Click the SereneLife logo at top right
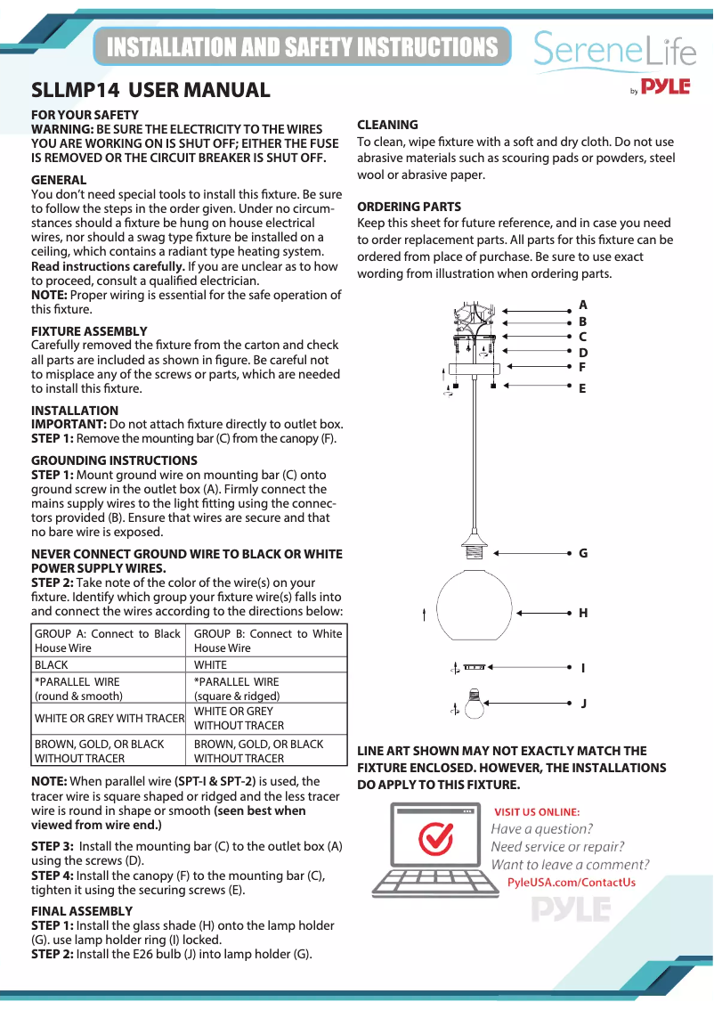(614, 52)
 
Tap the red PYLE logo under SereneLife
(666, 86)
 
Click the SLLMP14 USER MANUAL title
(150, 90)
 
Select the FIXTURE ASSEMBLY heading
(89, 331)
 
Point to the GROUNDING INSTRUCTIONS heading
(114, 460)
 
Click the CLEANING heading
(387, 125)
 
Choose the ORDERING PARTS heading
(409, 207)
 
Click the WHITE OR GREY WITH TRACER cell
(108, 718)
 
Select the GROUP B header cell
(267, 640)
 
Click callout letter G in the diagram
(583, 553)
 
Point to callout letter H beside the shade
(583, 613)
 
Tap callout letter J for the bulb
(583, 703)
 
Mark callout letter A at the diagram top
(583, 305)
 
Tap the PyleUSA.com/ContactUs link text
(571, 883)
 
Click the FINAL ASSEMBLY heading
(82, 911)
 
